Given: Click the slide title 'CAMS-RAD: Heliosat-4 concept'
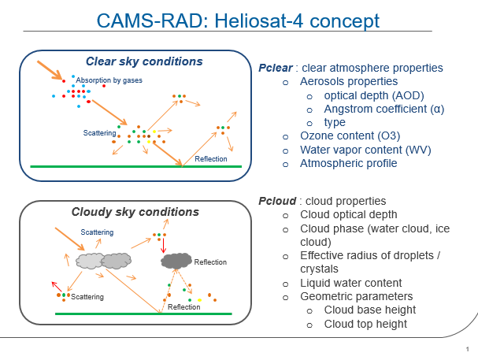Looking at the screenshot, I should coord(238,20).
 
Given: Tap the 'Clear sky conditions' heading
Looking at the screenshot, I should coord(144,61).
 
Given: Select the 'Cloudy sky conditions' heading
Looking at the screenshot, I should coord(135,212).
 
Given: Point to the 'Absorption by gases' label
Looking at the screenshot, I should coord(109,81).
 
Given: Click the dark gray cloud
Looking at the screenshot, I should coord(176,260).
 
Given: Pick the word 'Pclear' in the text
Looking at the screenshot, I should coord(276,68).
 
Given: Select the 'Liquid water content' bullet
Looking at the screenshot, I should coord(351,283).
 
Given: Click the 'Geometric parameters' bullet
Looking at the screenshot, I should coord(357,296).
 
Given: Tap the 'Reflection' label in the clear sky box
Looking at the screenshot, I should coord(211,159).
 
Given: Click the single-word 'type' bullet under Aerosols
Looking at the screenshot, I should coord(335,123).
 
